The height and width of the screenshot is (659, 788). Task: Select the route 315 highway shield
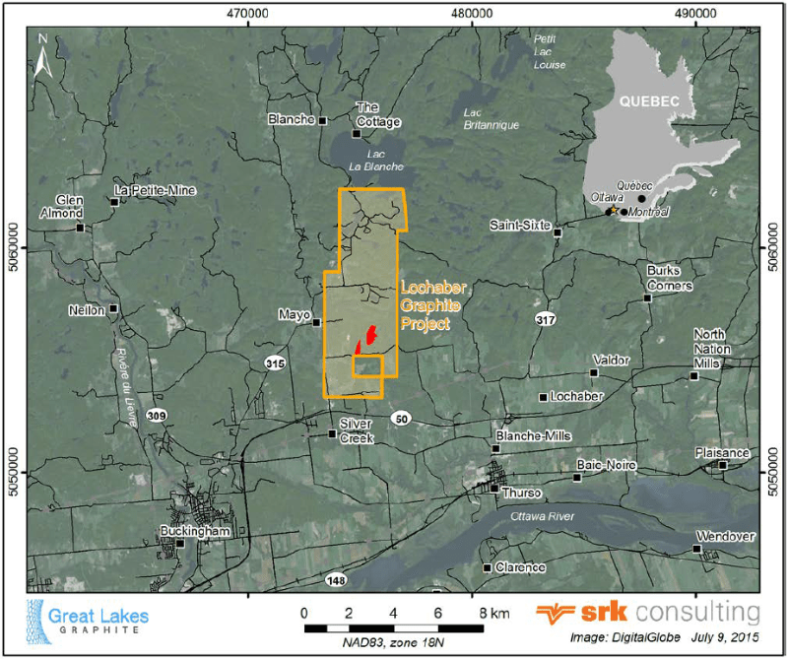click(275, 364)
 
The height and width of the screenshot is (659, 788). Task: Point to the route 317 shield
click(546, 320)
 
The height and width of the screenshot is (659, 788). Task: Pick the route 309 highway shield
click(156, 416)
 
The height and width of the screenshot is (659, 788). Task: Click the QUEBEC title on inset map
click(650, 100)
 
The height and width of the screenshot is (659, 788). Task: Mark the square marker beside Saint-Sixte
click(558, 233)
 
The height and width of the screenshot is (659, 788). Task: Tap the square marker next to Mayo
click(316, 322)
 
